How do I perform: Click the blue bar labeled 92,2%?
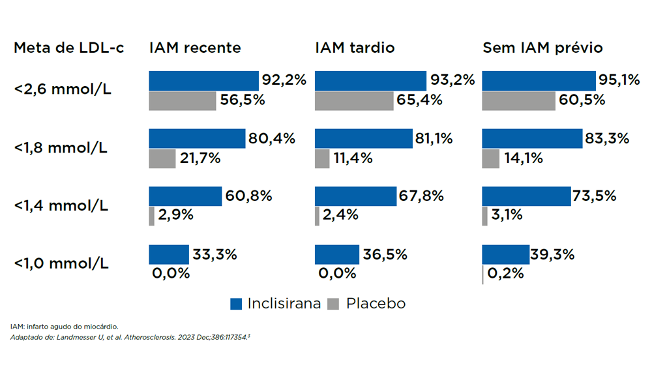204,81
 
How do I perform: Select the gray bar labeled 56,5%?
183,101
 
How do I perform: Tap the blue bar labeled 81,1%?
363,139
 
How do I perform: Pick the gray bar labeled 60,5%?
519,101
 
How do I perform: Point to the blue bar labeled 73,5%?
526,196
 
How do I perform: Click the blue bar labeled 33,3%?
168,255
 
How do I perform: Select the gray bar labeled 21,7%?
162,159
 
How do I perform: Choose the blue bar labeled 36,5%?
336,255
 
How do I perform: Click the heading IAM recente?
195,48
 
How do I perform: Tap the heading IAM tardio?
355,48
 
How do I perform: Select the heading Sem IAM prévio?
542,48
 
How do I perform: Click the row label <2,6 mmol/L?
62,89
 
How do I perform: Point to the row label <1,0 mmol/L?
62,264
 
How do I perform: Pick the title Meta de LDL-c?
69,48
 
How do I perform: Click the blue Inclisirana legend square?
236,304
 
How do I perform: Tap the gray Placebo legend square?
333,304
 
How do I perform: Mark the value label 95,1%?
620,80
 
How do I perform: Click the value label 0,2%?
506,274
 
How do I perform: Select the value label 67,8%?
422,196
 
